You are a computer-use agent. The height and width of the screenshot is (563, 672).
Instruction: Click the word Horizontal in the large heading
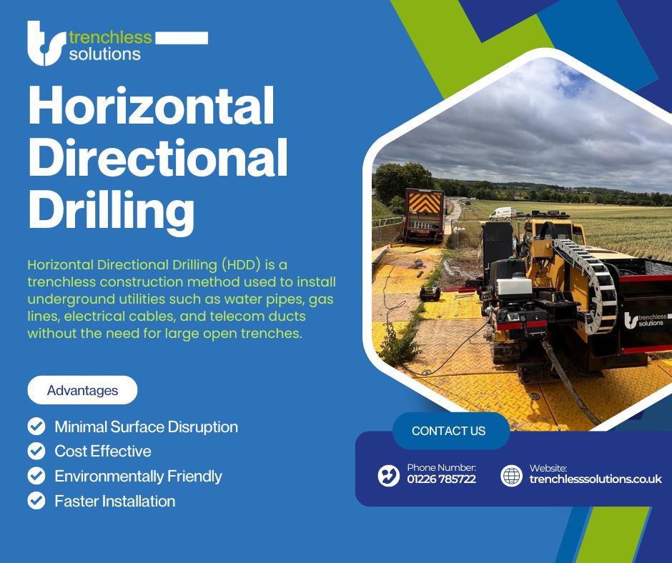tap(152, 106)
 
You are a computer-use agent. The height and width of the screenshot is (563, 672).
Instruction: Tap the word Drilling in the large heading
tap(111, 210)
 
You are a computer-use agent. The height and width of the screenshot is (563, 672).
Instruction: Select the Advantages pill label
tap(82, 390)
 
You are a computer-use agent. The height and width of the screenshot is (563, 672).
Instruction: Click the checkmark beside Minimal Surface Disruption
tap(36, 427)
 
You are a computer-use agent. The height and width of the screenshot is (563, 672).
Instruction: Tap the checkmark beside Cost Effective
tap(36, 451)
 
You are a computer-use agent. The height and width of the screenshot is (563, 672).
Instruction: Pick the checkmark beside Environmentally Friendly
tap(36, 476)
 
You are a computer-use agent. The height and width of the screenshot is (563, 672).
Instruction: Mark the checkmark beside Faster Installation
tap(36, 500)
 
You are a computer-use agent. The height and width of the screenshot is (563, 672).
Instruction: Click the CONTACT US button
tap(449, 431)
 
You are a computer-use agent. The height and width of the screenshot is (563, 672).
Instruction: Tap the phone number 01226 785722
tap(441, 479)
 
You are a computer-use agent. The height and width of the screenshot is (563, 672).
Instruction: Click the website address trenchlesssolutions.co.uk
tap(596, 479)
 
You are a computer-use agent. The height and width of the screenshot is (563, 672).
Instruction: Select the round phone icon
tap(389, 476)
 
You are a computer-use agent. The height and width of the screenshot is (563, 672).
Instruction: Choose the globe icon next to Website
tap(512, 476)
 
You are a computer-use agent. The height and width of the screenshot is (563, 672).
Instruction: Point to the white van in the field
tap(503, 213)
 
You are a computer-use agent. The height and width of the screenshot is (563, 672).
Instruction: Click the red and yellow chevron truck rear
tap(424, 203)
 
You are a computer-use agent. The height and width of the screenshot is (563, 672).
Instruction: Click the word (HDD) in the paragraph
tap(242, 265)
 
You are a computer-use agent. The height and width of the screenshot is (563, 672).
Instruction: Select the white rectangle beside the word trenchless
tap(182, 38)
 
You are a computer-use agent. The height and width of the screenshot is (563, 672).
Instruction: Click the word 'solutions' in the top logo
tap(105, 54)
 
